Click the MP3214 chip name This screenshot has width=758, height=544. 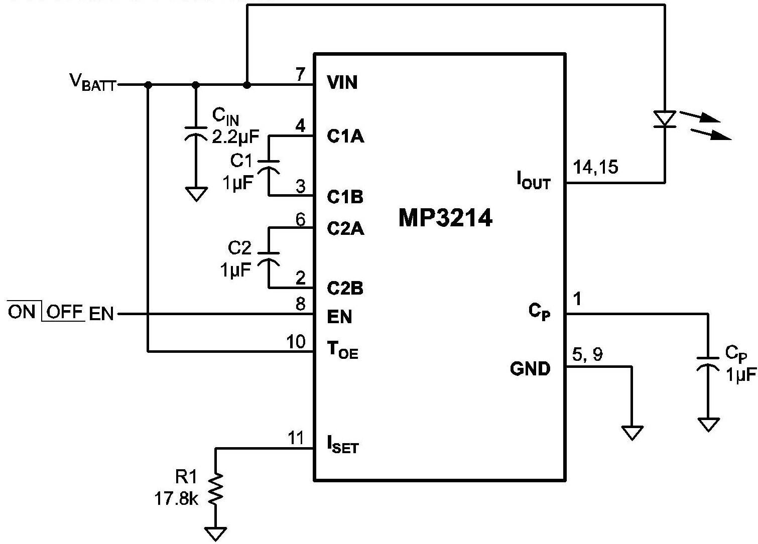click(445, 218)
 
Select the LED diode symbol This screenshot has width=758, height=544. click(666, 119)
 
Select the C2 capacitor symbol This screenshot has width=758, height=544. click(269, 257)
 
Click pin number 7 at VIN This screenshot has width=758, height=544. click(300, 75)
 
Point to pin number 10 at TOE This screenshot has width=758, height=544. click(296, 342)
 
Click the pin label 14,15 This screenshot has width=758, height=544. click(596, 167)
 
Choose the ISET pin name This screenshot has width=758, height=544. click(343, 445)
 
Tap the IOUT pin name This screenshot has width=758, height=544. click(534, 180)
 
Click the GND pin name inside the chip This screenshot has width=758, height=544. click(530, 369)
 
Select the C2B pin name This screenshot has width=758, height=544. click(345, 289)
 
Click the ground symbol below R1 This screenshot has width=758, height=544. click(216, 533)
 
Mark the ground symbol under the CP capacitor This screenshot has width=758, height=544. click(708, 425)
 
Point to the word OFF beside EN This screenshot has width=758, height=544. click(65, 312)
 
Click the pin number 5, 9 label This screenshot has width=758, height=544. click(587, 355)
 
